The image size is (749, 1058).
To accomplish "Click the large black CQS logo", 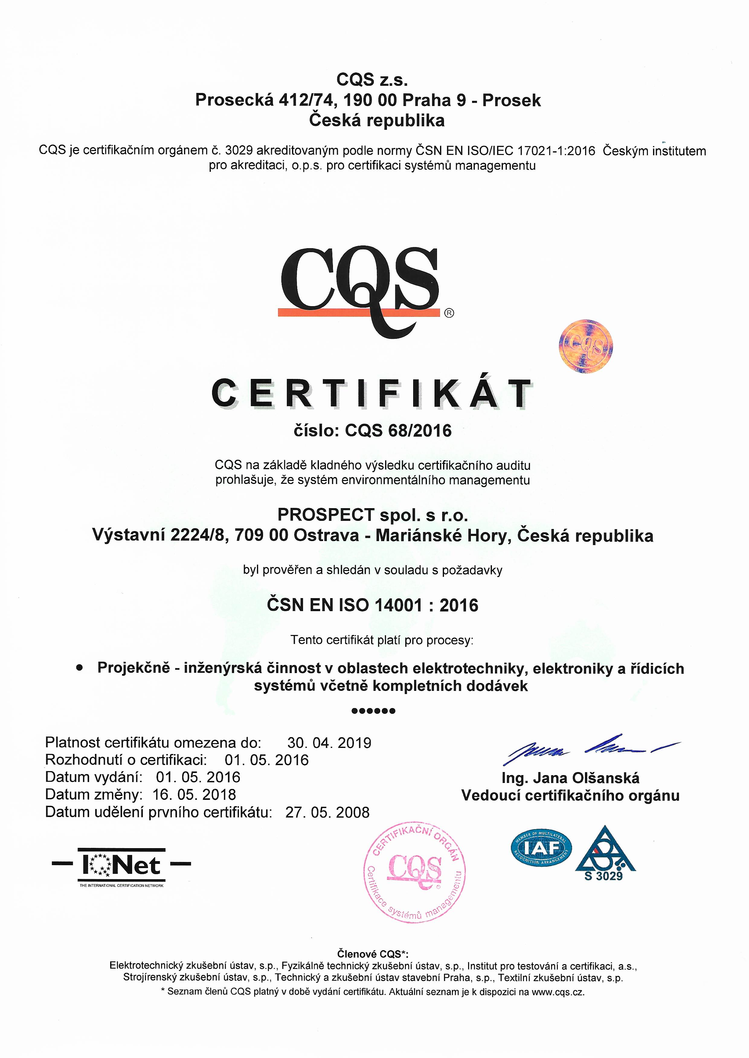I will click(360, 286).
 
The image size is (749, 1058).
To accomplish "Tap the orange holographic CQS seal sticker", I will click(586, 346).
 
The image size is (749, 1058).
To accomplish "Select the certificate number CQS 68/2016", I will click(398, 431).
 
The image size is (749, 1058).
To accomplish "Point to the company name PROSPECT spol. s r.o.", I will click(373, 515).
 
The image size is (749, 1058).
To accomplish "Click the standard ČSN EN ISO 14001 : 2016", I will click(373, 605).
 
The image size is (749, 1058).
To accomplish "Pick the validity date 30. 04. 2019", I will click(329, 743).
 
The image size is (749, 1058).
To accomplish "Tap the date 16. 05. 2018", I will click(194, 794).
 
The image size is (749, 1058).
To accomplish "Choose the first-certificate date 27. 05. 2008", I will click(327, 812).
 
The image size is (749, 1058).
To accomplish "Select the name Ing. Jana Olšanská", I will click(571, 778).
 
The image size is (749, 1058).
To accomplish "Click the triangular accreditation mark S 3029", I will click(605, 854).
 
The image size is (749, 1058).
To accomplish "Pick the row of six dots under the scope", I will click(373, 711).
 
